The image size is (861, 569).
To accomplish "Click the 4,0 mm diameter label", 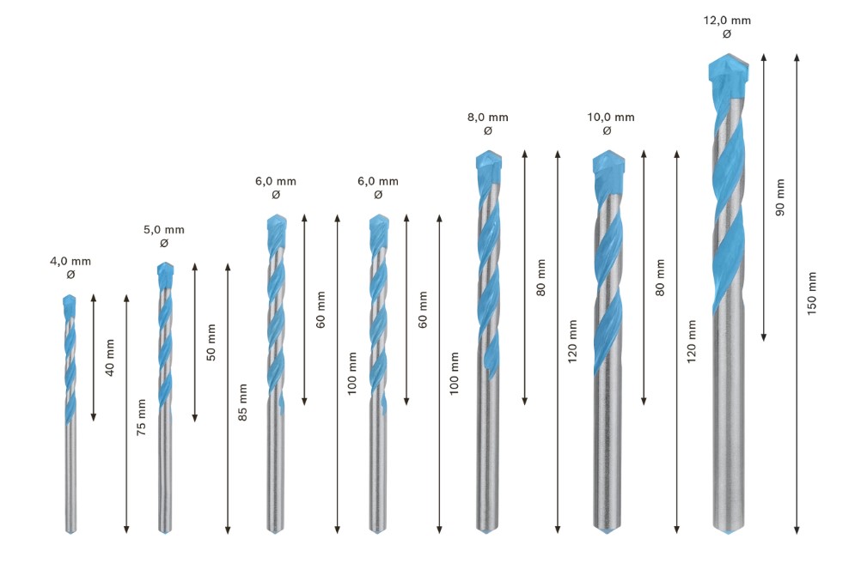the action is click(x=70, y=262).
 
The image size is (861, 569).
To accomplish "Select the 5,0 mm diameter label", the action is click(x=164, y=230).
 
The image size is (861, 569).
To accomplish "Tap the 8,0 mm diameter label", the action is click(x=487, y=118).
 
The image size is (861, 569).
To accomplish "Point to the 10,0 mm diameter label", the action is click(x=611, y=118).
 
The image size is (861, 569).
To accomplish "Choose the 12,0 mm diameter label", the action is click(x=727, y=21).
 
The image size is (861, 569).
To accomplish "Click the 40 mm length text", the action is click(x=110, y=358).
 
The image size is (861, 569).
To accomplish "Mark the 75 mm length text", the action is click(x=141, y=418).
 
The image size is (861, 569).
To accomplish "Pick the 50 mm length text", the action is click(x=211, y=342).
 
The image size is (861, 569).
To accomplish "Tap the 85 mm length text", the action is click(x=242, y=403).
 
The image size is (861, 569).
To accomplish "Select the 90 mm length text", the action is click(x=779, y=197).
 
